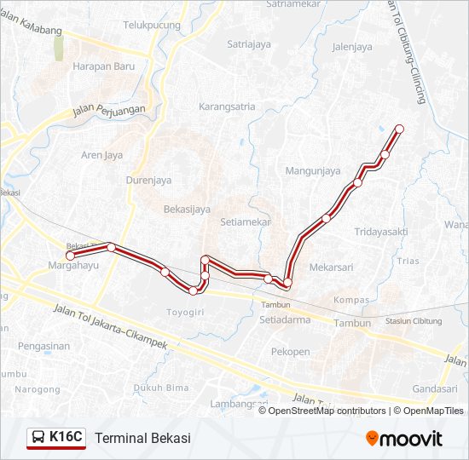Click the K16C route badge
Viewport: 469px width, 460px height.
56,438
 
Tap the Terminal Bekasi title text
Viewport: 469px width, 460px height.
142,438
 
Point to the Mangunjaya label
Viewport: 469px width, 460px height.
313,171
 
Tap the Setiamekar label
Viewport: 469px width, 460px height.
245,221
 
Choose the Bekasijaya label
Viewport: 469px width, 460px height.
187,209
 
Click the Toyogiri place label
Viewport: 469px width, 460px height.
185,313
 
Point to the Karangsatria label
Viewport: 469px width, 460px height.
227,107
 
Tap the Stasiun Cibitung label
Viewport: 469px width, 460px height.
414,321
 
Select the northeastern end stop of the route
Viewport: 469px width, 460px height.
398,129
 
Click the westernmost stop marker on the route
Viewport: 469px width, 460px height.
71,255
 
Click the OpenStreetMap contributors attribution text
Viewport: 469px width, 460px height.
327,411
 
